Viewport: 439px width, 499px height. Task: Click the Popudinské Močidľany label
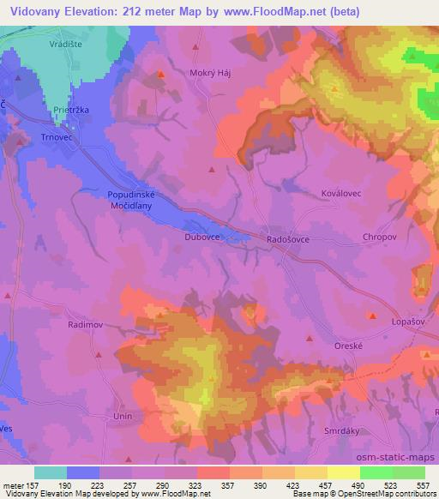pos(130,201)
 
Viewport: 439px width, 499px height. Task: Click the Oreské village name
pos(350,346)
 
